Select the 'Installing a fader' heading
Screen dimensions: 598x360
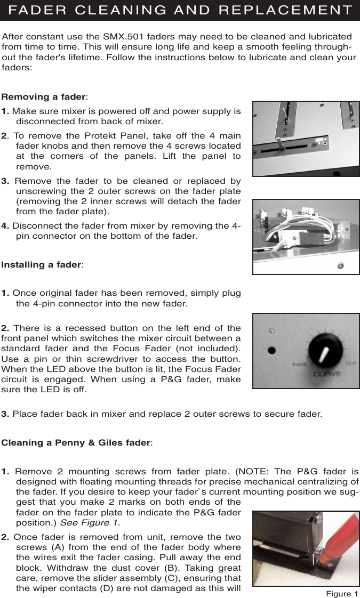(x=41, y=264)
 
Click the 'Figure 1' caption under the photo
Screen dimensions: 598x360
(x=342, y=593)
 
